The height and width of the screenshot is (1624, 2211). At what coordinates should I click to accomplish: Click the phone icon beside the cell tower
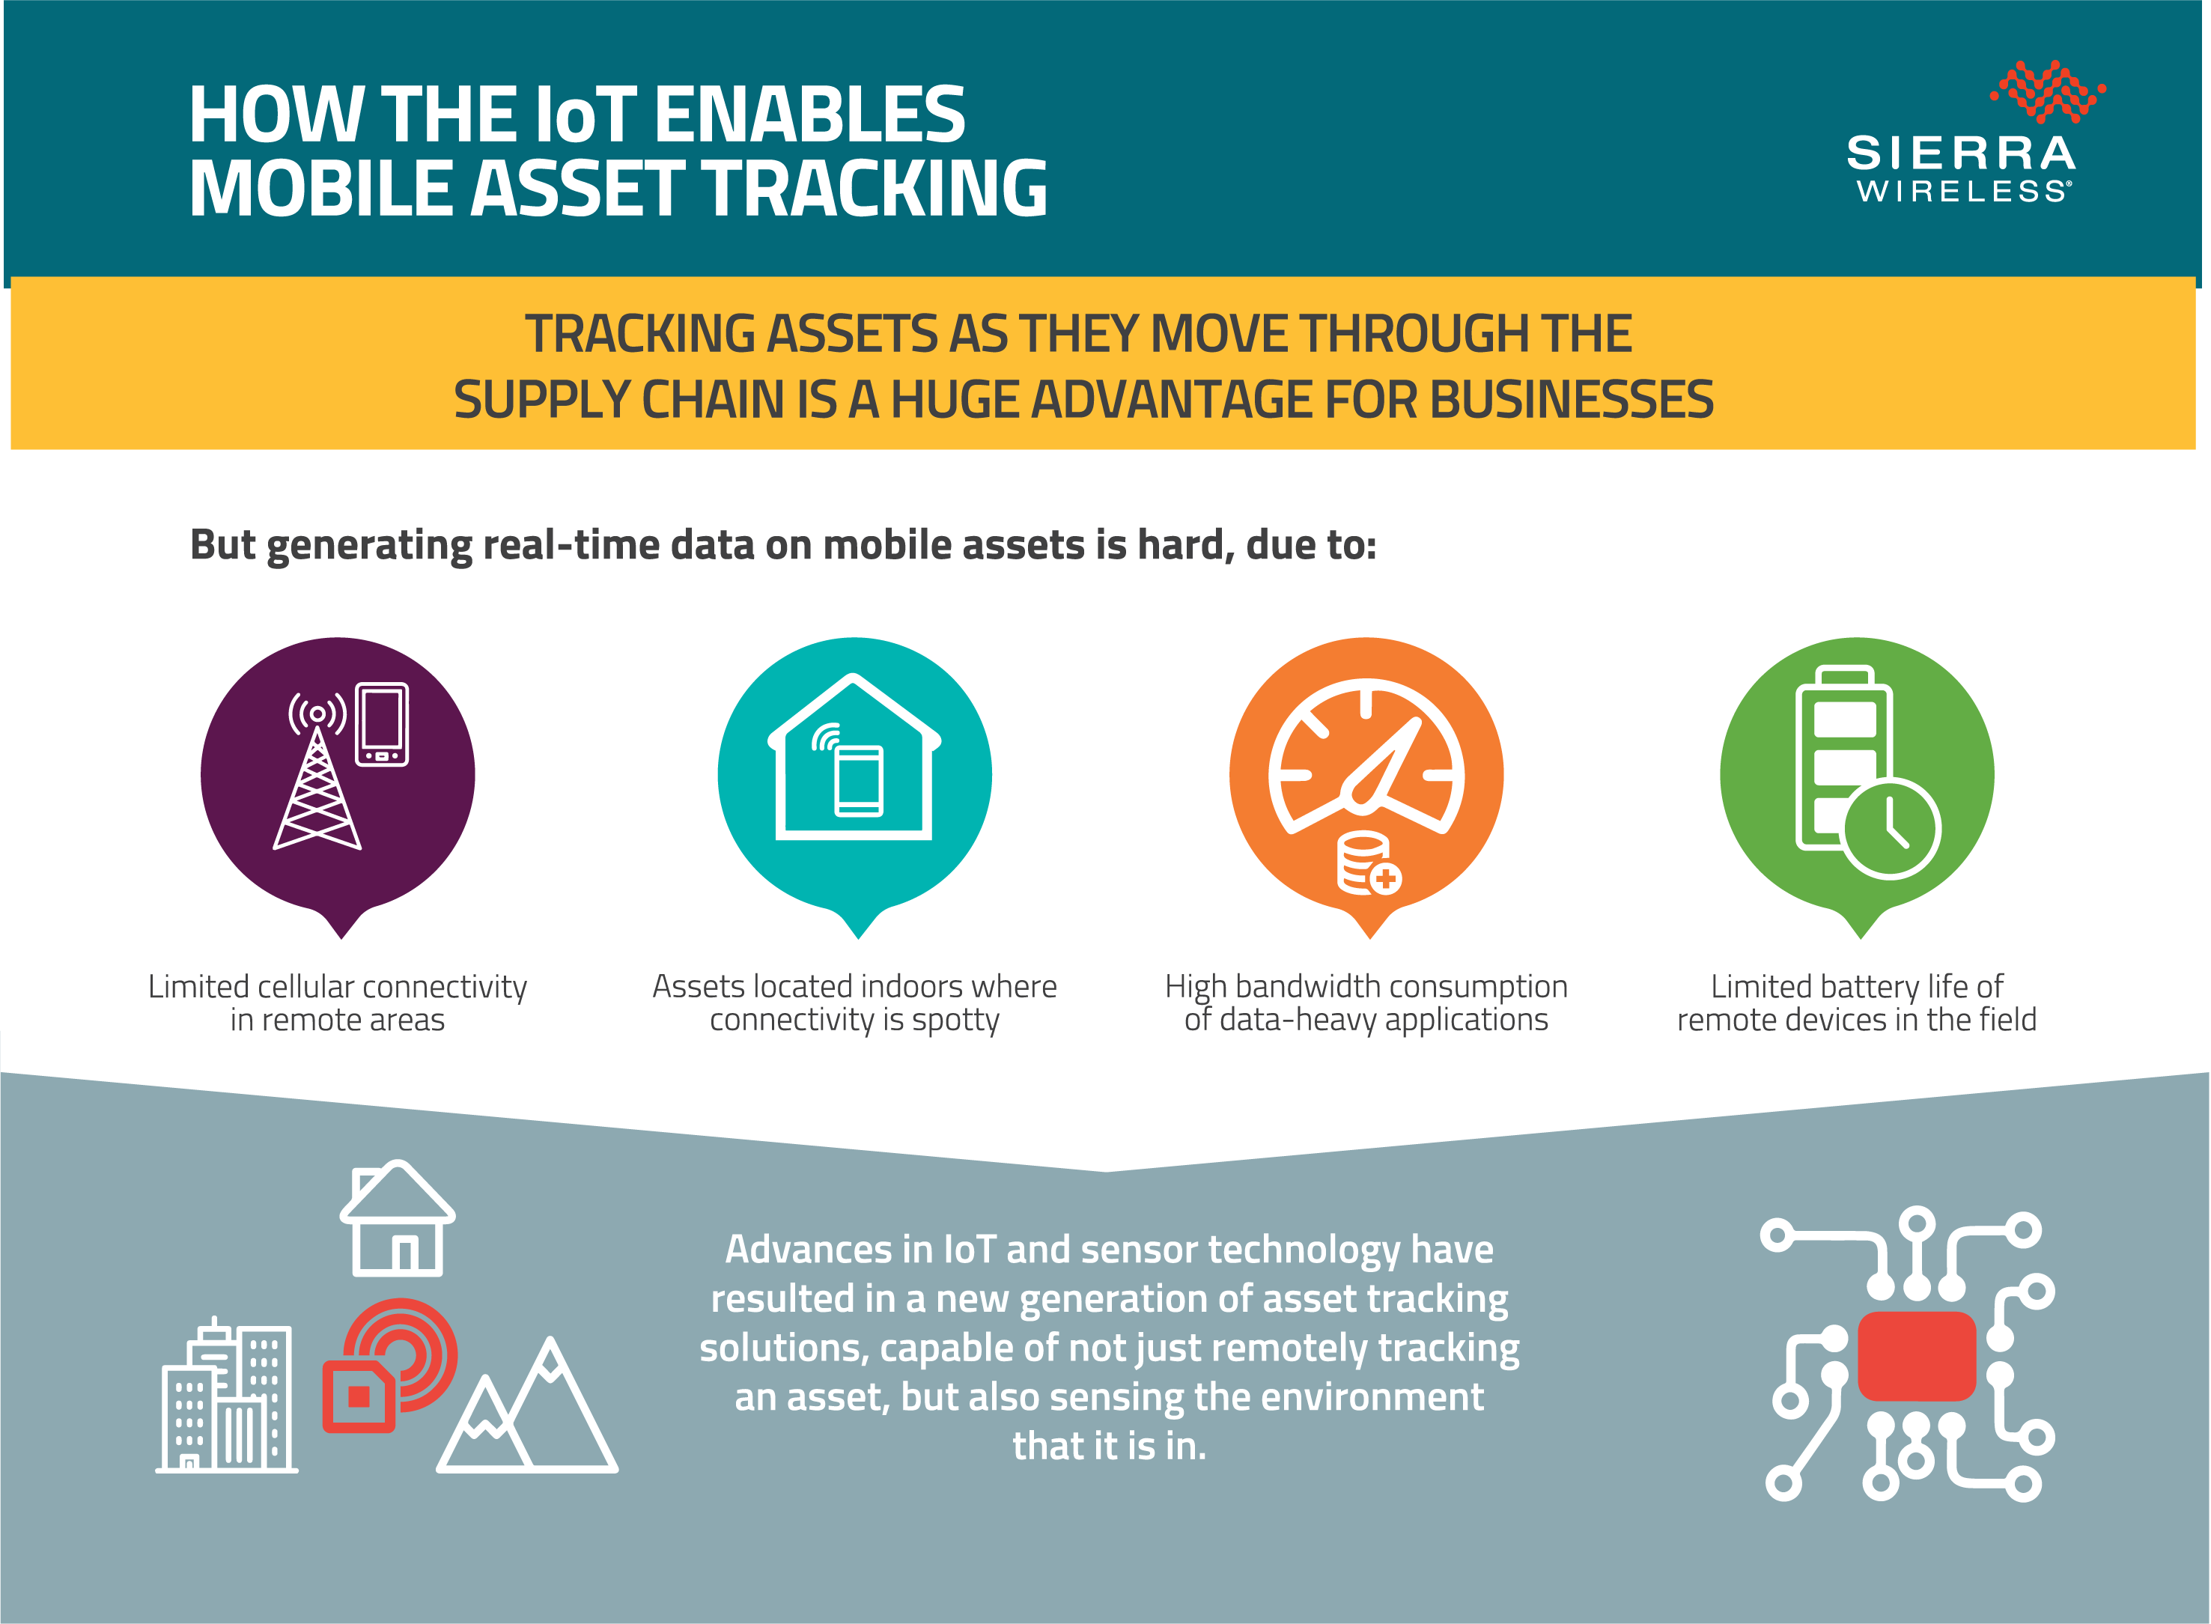tap(381, 725)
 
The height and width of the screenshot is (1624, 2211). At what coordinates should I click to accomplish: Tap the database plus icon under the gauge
tap(1369, 864)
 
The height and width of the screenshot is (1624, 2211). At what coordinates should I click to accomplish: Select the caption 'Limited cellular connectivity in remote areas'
tap(337, 1003)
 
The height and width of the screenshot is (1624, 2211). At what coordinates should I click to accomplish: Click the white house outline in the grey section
tap(397, 1218)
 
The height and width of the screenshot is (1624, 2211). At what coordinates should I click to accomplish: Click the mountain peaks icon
tap(527, 1405)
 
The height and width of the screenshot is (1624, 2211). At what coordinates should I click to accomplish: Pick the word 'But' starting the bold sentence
tap(222, 544)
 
